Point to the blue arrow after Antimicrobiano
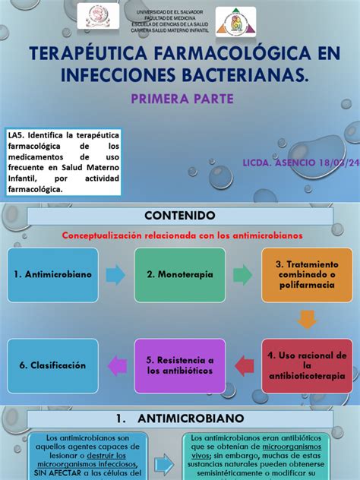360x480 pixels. pos(115,274)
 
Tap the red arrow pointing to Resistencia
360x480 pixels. pos(242,365)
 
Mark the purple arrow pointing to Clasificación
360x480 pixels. pos(118,365)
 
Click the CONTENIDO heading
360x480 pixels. pos(180,216)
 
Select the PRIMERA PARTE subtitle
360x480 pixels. pos(182,99)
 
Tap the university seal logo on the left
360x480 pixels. pos(98,16)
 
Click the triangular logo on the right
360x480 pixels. pos(235,23)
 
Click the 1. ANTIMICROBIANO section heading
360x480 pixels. pos(180,418)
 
